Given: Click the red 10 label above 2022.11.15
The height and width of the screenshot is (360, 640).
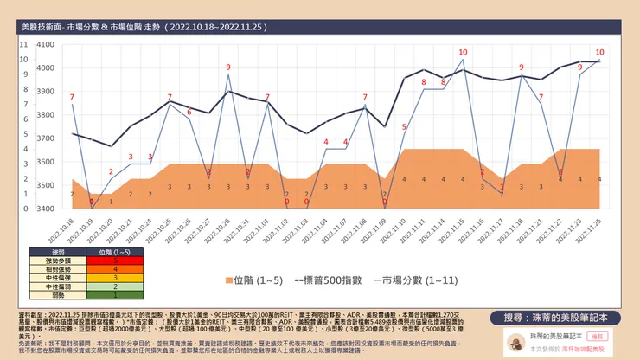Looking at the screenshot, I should (x=463, y=53).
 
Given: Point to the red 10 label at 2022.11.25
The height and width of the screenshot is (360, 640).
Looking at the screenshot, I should (x=599, y=53).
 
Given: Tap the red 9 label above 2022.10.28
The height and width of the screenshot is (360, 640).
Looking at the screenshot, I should (x=228, y=67).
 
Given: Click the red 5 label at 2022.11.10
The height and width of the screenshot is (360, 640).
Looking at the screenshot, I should (x=404, y=128).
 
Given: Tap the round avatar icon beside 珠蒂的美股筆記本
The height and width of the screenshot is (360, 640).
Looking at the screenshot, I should (x=514, y=339).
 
